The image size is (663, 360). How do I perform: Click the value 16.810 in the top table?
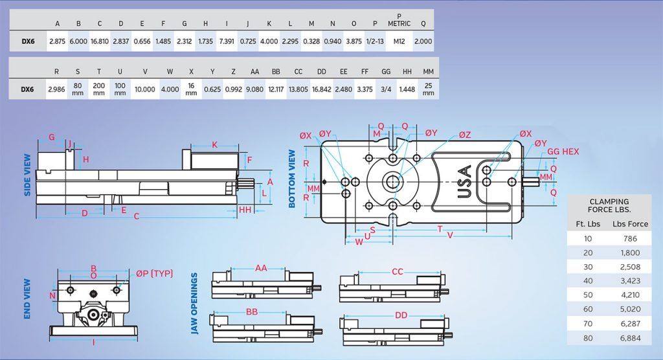coord(99,41)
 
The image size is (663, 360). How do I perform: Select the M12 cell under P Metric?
coord(399,41)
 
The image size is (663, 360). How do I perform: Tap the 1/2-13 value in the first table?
coord(375,41)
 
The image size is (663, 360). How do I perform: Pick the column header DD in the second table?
coord(322,72)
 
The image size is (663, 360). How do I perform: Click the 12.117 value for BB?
coord(276,88)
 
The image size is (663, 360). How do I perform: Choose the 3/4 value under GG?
coord(387,88)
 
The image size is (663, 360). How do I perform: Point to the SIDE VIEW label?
coord(27,175)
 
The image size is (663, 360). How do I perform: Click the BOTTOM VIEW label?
coord(292,179)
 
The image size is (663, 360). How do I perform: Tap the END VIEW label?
coord(27,298)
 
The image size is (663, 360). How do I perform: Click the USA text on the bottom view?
coord(464,183)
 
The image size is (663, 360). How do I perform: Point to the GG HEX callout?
coord(563,152)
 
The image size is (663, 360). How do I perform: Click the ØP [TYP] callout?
coord(154,274)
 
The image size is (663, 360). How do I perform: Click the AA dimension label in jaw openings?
coord(260,268)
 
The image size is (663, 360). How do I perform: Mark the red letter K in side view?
coord(214,144)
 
